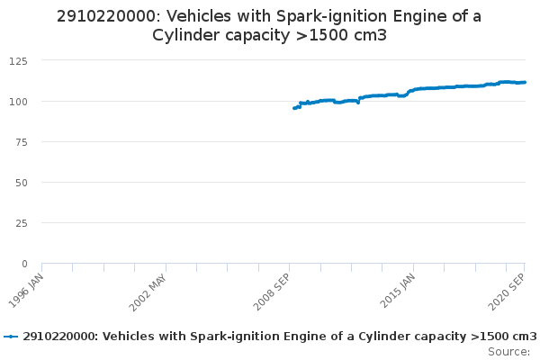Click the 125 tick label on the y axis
click(x=16, y=60)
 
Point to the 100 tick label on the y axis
click(x=16, y=101)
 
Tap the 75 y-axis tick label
click(x=20, y=141)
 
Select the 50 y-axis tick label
click(x=20, y=182)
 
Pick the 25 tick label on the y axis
click(x=20, y=222)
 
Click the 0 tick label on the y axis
click(x=23, y=263)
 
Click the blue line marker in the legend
click(x=11, y=337)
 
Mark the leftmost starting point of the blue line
click(x=294, y=108)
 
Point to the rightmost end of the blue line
click(x=526, y=82)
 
